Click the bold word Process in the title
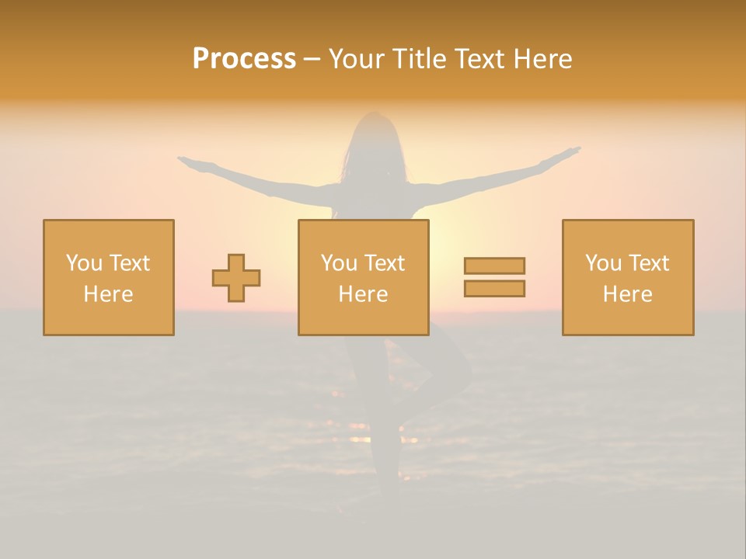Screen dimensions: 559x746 coord(244,59)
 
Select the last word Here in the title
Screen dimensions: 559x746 coord(543,59)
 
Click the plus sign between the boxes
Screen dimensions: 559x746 coord(236,278)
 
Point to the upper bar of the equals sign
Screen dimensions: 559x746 coord(494,266)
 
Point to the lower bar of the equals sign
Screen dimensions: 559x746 coord(494,288)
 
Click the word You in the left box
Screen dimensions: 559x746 coord(84,263)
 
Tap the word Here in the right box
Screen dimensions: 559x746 coord(628,294)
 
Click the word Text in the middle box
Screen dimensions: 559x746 coord(385,263)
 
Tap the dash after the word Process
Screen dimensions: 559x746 coord(312,59)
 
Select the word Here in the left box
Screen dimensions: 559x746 coord(109,294)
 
